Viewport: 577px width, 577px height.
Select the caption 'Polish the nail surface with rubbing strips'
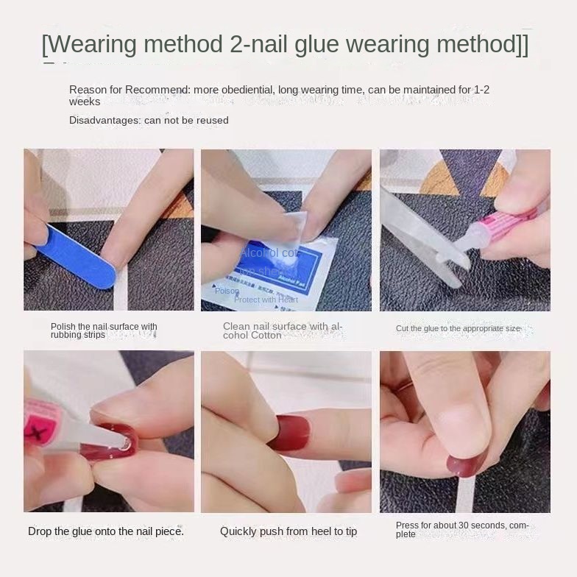pyautogui.click(x=103, y=330)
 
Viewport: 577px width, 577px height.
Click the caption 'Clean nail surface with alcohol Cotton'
pyautogui.click(x=283, y=330)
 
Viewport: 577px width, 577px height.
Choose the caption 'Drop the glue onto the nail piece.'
pyautogui.click(x=106, y=531)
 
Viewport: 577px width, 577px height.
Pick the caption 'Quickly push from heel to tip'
pyautogui.click(x=288, y=531)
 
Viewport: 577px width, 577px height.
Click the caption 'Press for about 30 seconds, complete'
pyautogui.click(x=461, y=530)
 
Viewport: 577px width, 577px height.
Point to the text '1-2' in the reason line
pyautogui.click(x=481, y=90)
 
